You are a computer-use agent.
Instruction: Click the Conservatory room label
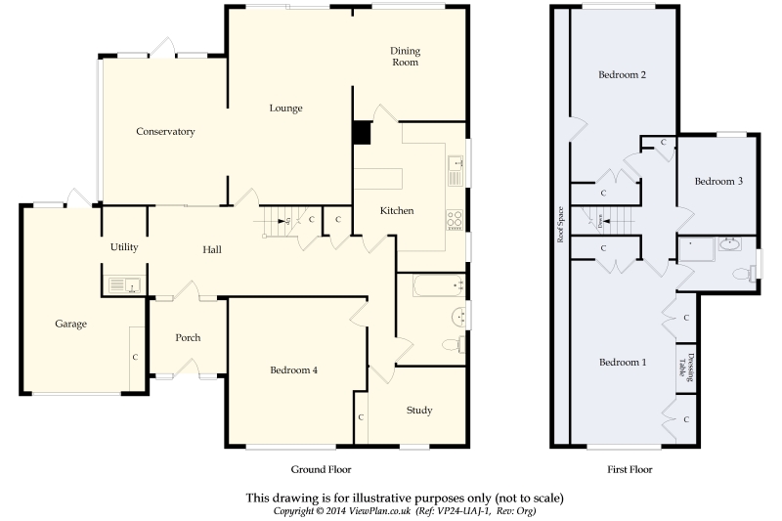tap(165, 132)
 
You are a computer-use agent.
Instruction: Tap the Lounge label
tap(285, 109)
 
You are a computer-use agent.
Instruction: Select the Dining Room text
tap(405, 57)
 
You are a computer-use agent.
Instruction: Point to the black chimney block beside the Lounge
tap(362, 133)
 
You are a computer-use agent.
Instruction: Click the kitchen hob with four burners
tap(455, 220)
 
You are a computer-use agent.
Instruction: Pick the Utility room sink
tap(125, 285)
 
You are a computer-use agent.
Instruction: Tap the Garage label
tap(70, 325)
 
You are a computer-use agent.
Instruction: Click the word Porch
tap(188, 337)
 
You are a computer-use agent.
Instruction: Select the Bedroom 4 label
tap(294, 369)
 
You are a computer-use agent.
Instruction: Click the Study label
tap(419, 411)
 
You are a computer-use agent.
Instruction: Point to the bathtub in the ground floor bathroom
tap(438, 285)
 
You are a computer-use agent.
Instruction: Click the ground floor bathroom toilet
tap(454, 344)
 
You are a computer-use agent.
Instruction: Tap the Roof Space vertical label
tap(560, 225)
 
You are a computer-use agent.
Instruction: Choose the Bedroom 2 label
tap(622, 75)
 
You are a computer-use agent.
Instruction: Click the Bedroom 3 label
tap(718, 181)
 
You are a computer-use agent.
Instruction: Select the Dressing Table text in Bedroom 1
tap(686, 368)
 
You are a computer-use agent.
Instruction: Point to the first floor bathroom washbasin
tap(730, 244)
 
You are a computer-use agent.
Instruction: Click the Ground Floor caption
tap(322, 469)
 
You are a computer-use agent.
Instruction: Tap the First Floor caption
tap(630, 469)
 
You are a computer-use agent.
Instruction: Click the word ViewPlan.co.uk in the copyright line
tap(380, 511)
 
